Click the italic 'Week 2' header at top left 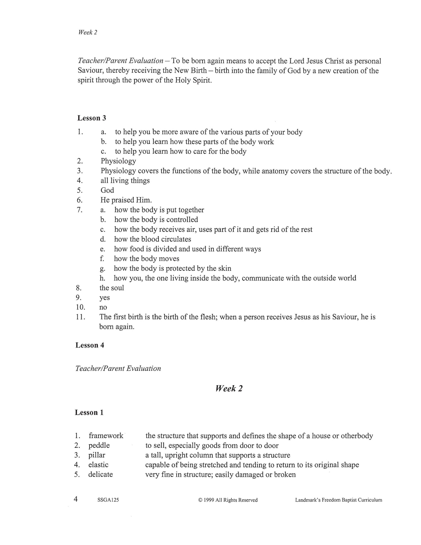click(x=87, y=32)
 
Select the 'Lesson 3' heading click(x=91, y=118)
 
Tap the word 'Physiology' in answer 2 click(x=118, y=161)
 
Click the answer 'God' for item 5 click(x=107, y=190)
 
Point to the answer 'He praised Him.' click(x=126, y=200)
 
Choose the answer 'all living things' click(x=125, y=181)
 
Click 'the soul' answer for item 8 click(x=112, y=288)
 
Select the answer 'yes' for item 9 click(x=105, y=298)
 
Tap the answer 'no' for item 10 click(x=103, y=307)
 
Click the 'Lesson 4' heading click(x=90, y=345)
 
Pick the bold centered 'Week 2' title click(x=229, y=388)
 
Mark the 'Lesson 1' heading click(x=89, y=413)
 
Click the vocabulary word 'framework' click(x=106, y=436)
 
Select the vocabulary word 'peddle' click(x=99, y=446)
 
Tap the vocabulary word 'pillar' click(x=97, y=455)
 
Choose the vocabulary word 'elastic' click(x=98, y=465)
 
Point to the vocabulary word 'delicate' click(x=101, y=474)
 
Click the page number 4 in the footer click(x=76, y=499)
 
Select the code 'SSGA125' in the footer click(x=108, y=500)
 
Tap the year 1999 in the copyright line click(x=209, y=500)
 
